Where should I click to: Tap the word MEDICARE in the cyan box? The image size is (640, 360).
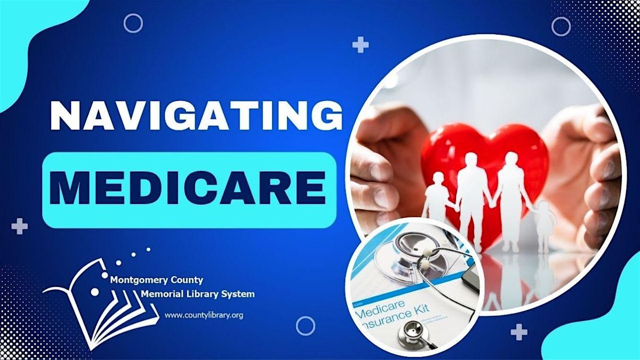tap(189, 188)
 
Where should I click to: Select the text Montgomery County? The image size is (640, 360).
tap(156, 280)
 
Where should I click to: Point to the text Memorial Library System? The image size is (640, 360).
tap(197, 294)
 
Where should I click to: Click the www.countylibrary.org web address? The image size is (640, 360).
tap(204, 315)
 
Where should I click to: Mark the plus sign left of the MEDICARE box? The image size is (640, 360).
tap(20, 226)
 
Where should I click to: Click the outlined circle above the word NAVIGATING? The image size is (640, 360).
tap(133, 23)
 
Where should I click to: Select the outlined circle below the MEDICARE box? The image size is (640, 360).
tap(306, 326)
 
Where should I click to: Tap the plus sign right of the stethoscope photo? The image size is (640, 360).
tap(519, 333)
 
